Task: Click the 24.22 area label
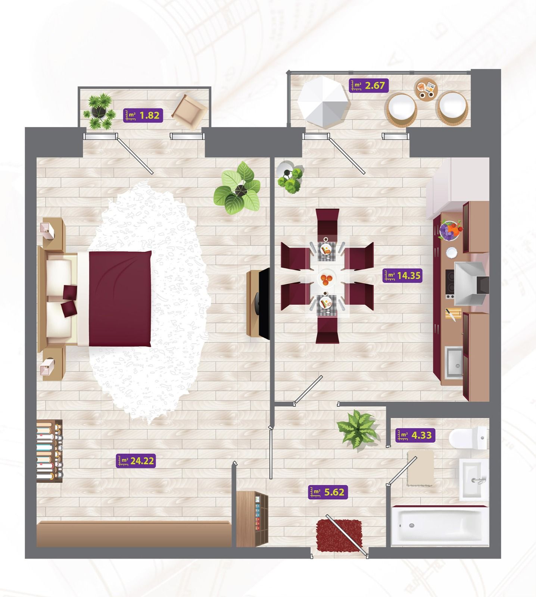click(x=135, y=461)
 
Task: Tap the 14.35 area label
click(x=403, y=276)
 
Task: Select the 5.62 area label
click(x=328, y=492)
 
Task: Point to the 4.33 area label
click(x=415, y=435)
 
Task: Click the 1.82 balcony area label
click(x=143, y=115)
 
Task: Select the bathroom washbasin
click(x=473, y=479)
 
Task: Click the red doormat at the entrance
click(x=339, y=534)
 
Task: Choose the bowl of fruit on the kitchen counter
click(x=449, y=230)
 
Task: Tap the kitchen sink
click(x=454, y=362)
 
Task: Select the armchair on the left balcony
click(x=189, y=110)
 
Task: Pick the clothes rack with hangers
click(x=49, y=451)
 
